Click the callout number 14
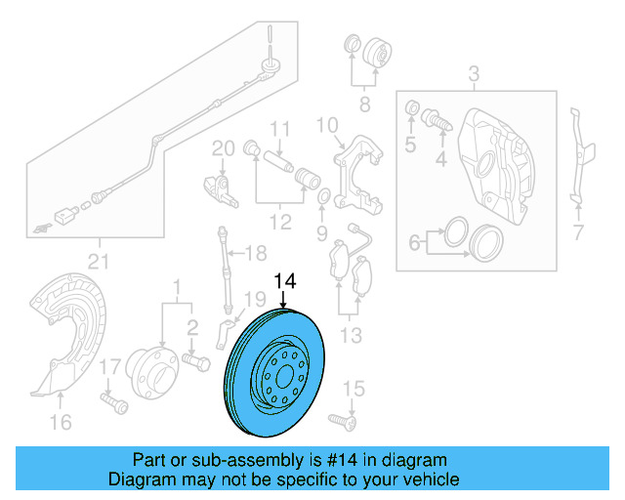pos(283,282)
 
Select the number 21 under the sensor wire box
pos(99,259)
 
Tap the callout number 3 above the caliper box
pos(474,73)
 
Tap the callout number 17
pos(109,366)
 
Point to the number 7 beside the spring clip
pos(578,232)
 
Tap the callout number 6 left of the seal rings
pos(414,240)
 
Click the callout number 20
pos(224,147)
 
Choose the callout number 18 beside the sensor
pos(255,255)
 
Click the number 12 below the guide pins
pos(280,223)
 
